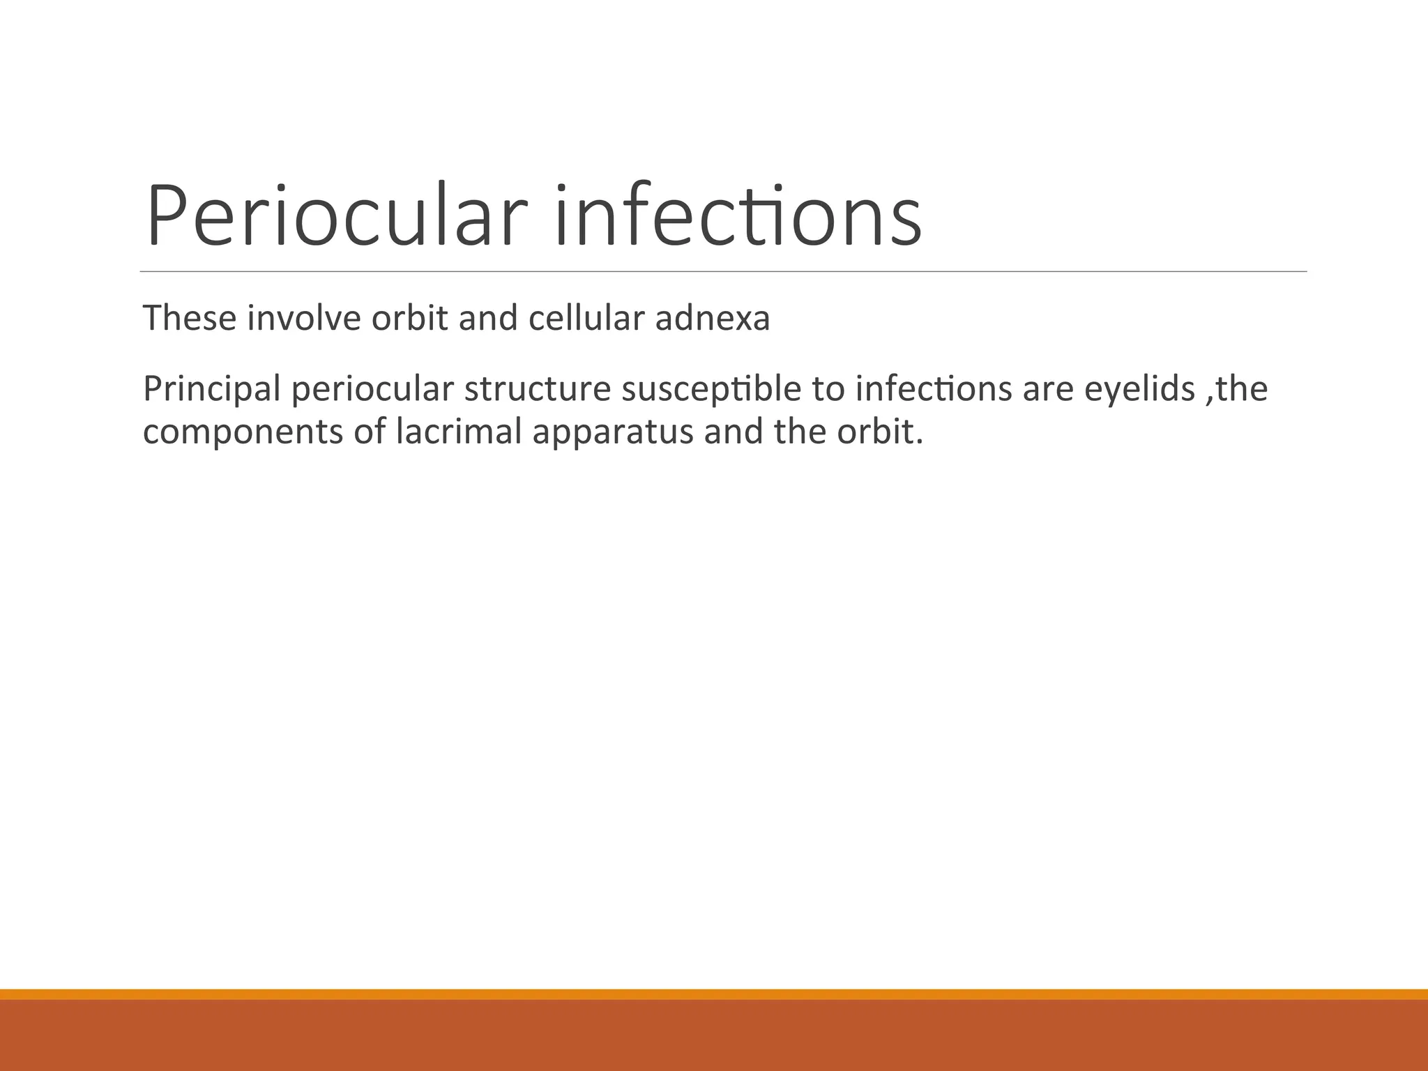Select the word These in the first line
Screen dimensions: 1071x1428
click(x=190, y=318)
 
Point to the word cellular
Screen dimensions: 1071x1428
click(x=586, y=318)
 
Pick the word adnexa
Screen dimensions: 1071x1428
click(x=713, y=318)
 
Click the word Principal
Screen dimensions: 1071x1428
click(x=212, y=389)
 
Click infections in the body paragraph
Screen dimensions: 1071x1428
click(x=934, y=389)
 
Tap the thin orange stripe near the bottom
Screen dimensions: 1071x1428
click(x=714, y=994)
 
